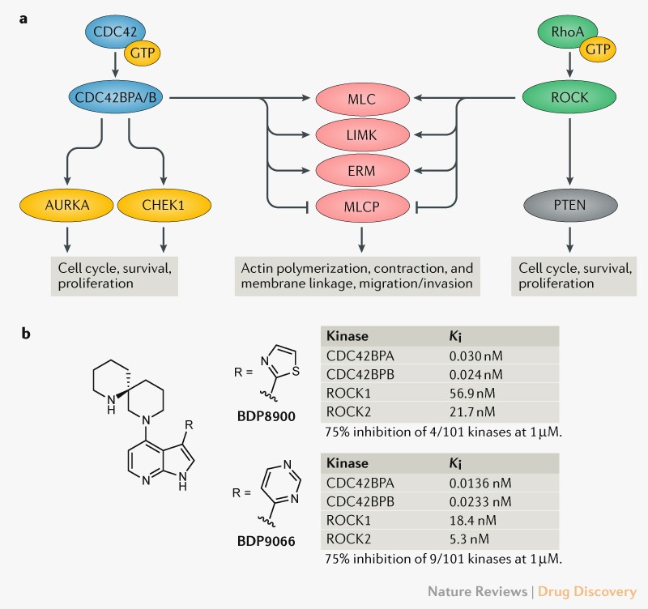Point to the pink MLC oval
point(361,99)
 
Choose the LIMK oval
point(361,134)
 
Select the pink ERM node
point(361,170)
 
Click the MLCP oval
point(361,206)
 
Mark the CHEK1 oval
point(165,206)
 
